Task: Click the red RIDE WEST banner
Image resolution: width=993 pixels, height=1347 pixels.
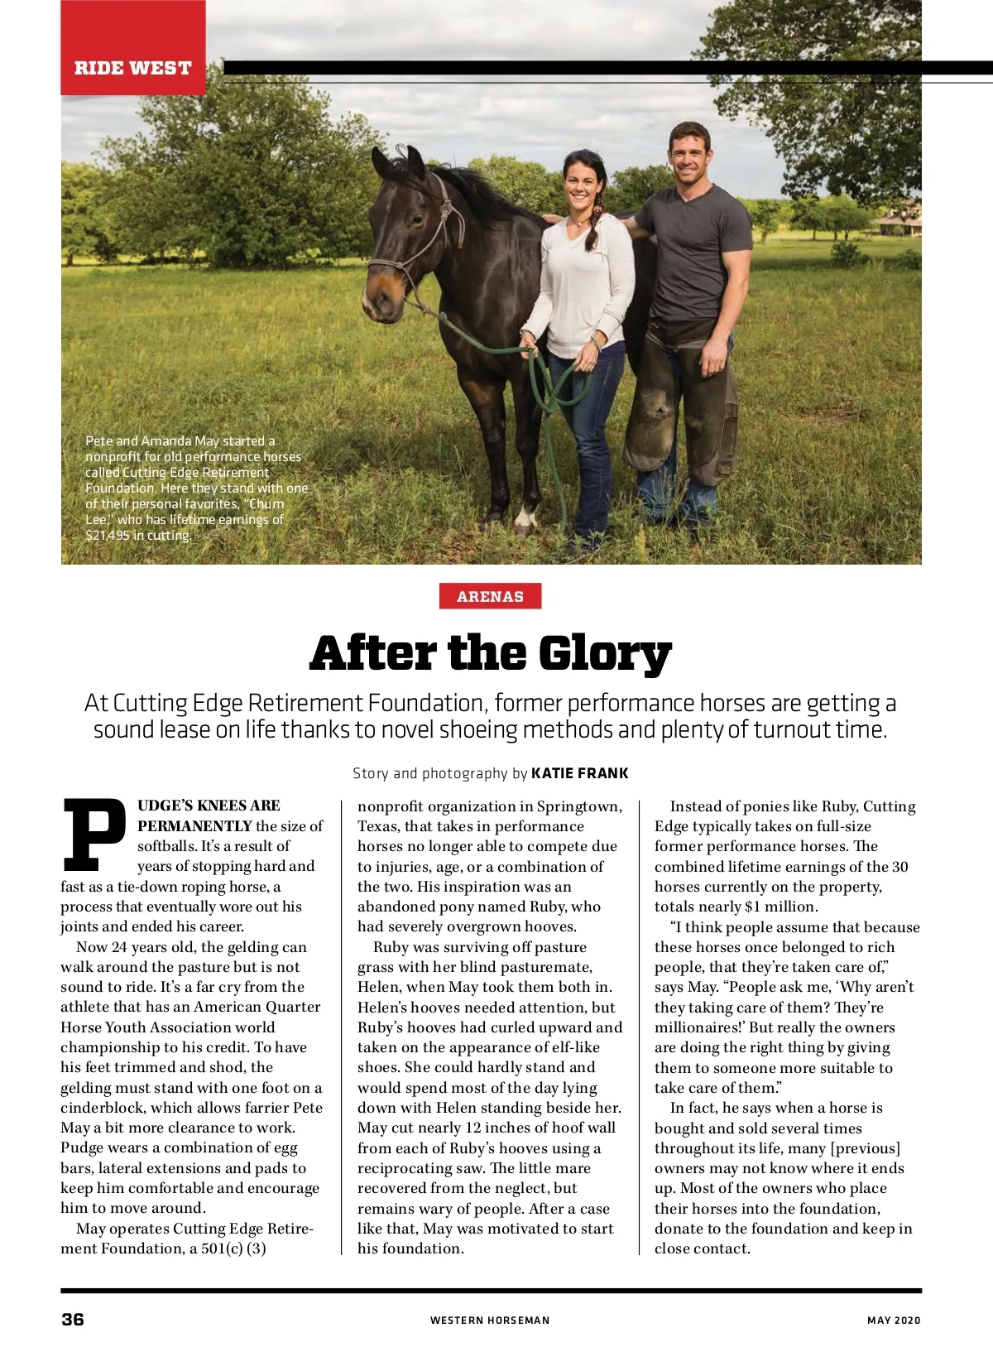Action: click(x=132, y=68)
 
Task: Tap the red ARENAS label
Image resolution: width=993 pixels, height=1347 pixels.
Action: click(x=490, y=596)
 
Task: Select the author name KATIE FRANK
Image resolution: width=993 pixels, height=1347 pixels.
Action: click(x=579, y=773)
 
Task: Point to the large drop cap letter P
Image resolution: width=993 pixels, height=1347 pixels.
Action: click(x=94, y=835)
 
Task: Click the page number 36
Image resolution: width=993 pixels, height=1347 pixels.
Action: click(x=73, y=1319)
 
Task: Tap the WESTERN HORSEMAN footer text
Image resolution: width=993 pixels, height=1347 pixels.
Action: click(x=489, y=1321)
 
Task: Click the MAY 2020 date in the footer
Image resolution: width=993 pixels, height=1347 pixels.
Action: click(x=894, y=1321)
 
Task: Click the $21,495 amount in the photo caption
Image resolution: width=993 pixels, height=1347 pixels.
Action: click(x=108, y=536)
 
